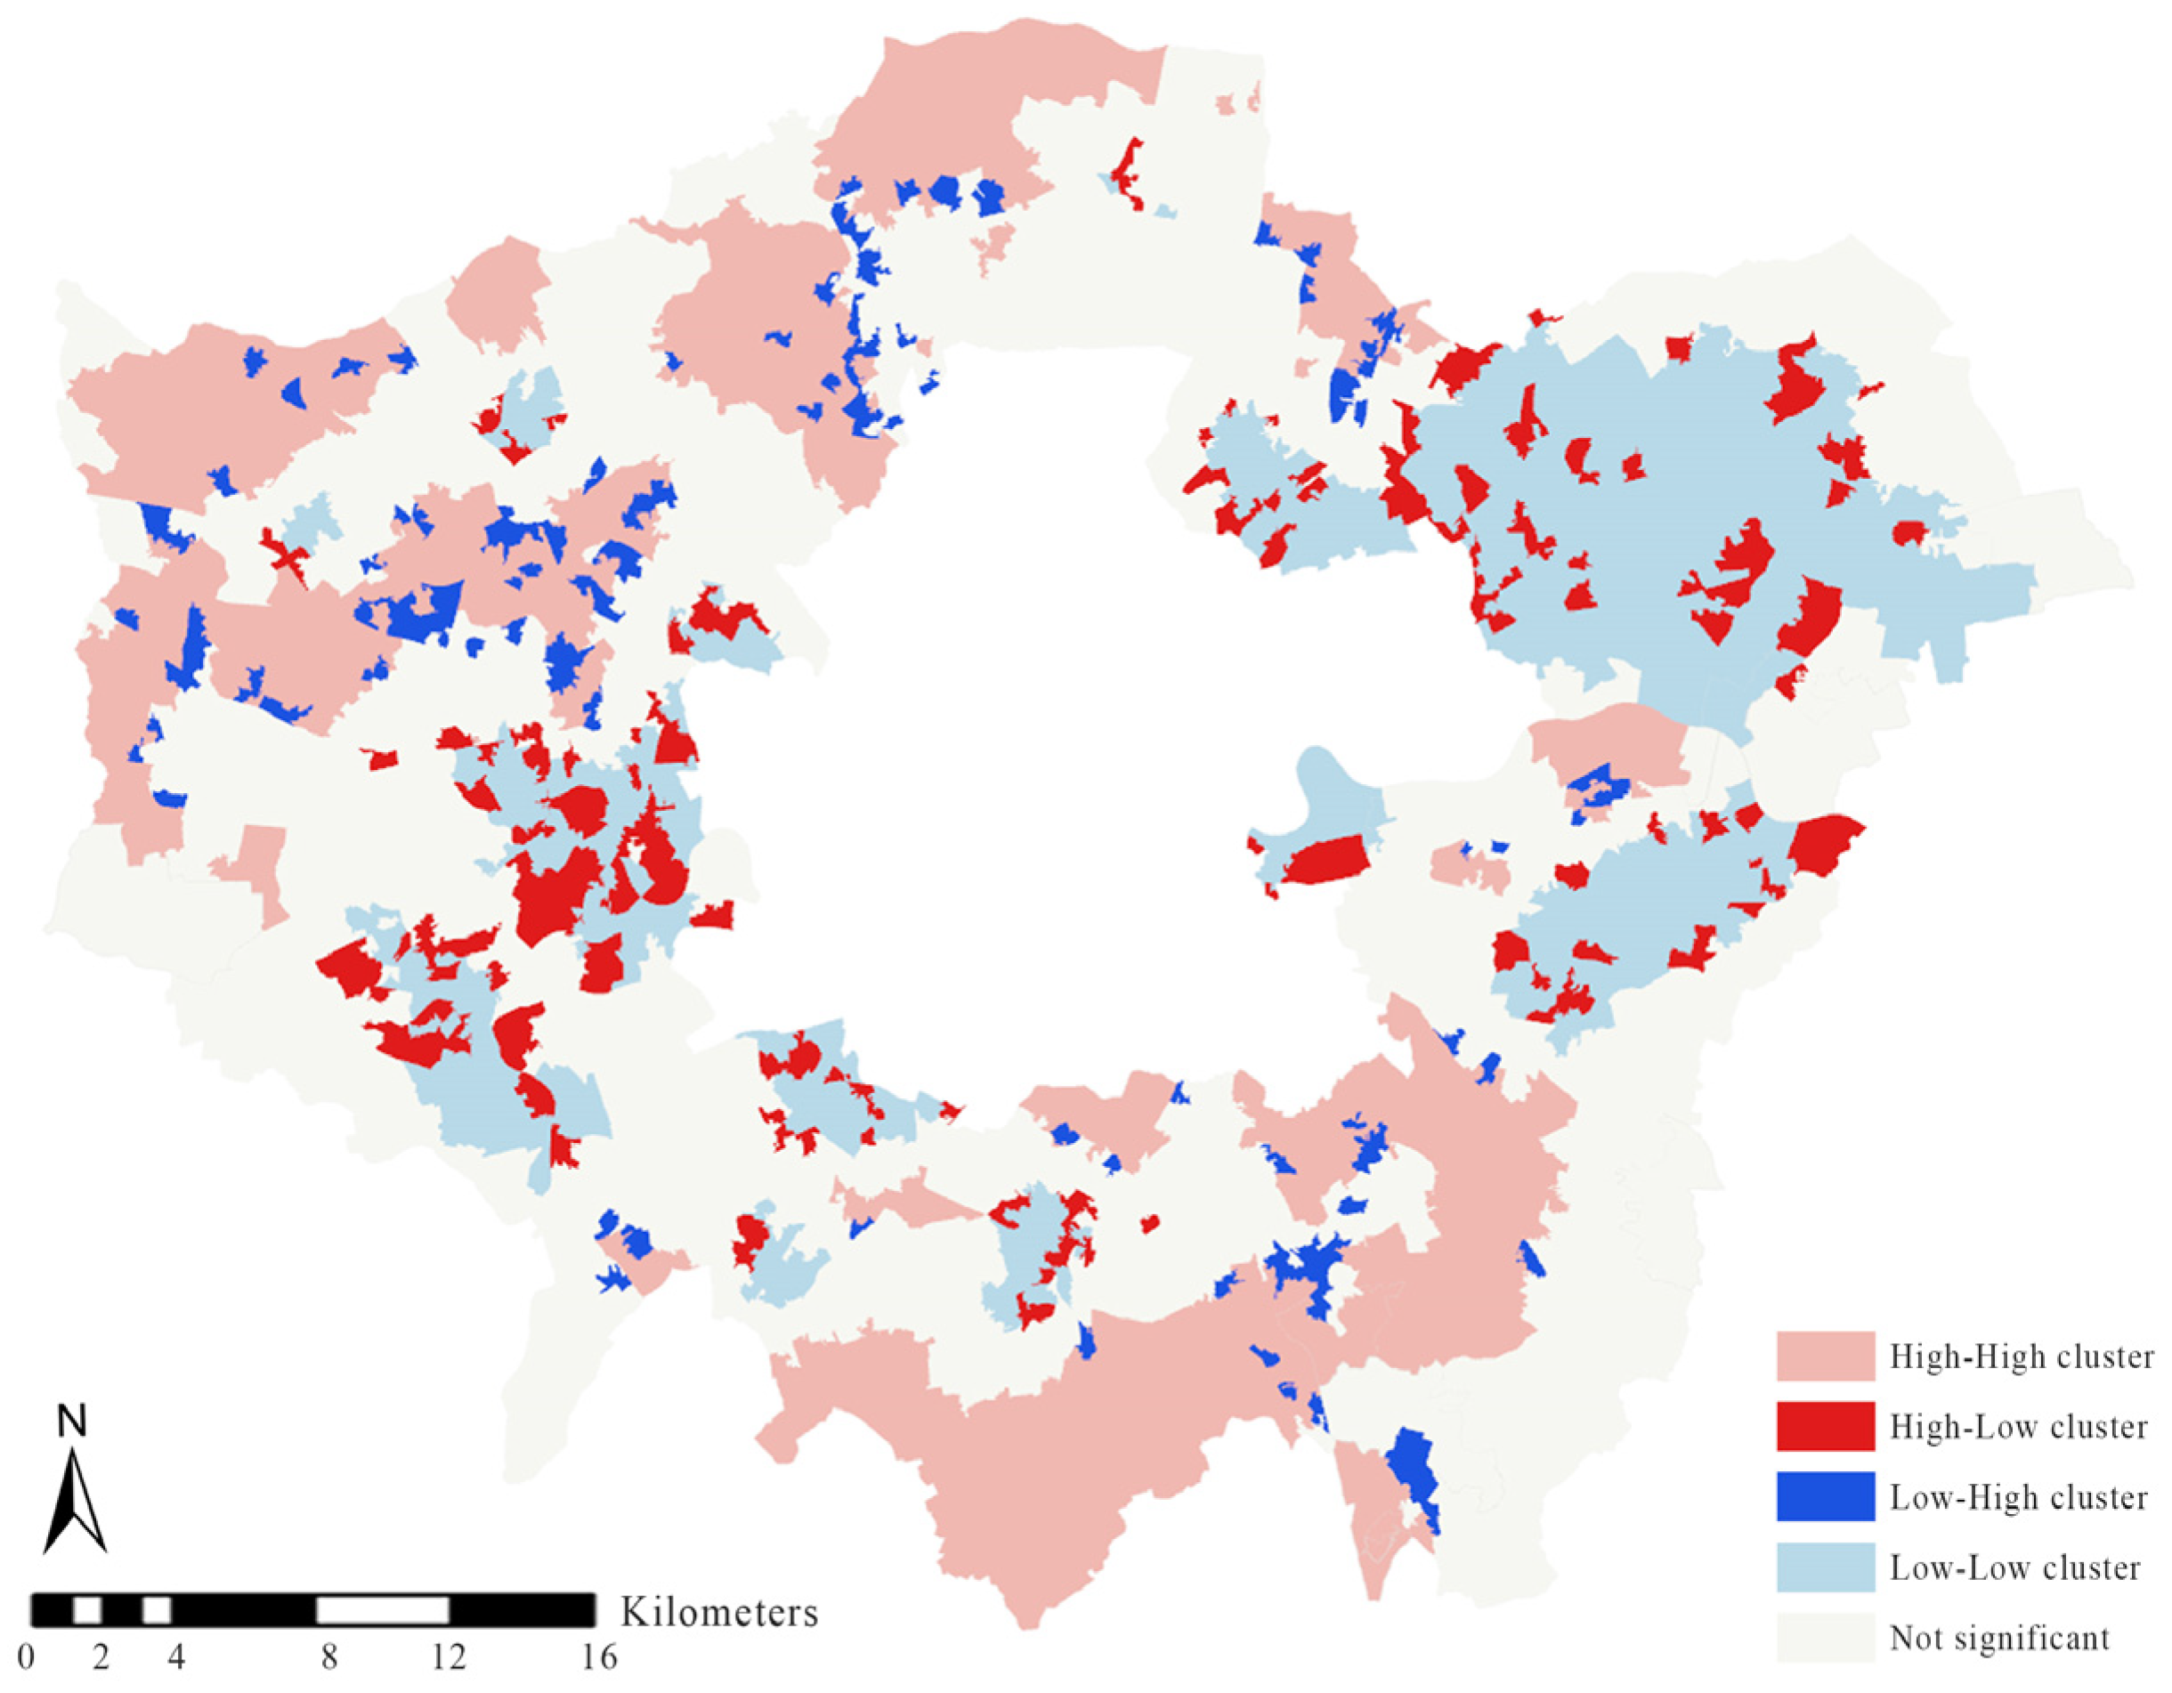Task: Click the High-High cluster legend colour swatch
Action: [x=1825, y=1356]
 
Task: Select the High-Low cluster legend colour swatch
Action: [x=1825, y=1427]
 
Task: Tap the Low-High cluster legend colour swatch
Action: [x=1825, y=1497]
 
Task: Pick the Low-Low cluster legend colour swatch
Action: [x=1825, y=1567]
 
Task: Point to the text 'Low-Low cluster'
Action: [x=2014, y=1568]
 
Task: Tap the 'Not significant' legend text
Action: [x=1999, y=1639]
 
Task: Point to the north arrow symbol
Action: [x=75, y=1502]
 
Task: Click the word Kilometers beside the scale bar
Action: [x=719, y=1611]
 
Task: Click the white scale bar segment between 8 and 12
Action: [x=383, y=1609]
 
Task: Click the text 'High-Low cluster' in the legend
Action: [x=2018, y=1428]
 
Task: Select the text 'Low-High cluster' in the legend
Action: [x=2018, y=1498]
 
